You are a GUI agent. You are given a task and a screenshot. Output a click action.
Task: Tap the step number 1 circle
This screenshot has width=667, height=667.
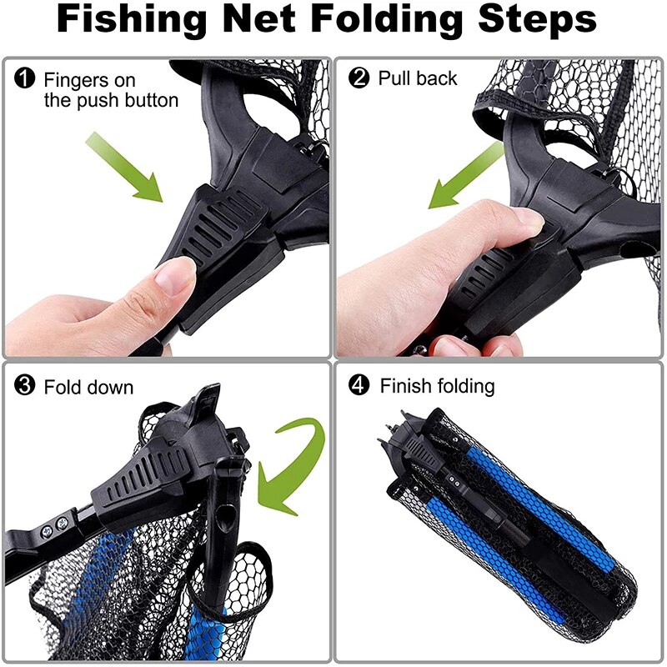[x=26, y=80]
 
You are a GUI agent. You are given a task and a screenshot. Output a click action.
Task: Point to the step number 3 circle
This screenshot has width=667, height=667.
[x=26, y=387]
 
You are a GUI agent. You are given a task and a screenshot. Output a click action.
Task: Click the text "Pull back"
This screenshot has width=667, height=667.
[x=418, y=78]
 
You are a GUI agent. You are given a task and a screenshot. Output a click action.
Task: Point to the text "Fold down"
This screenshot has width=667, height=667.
[x=88, y=388]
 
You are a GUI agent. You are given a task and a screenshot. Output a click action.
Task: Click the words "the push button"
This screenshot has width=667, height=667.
[x=111, y=101]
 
